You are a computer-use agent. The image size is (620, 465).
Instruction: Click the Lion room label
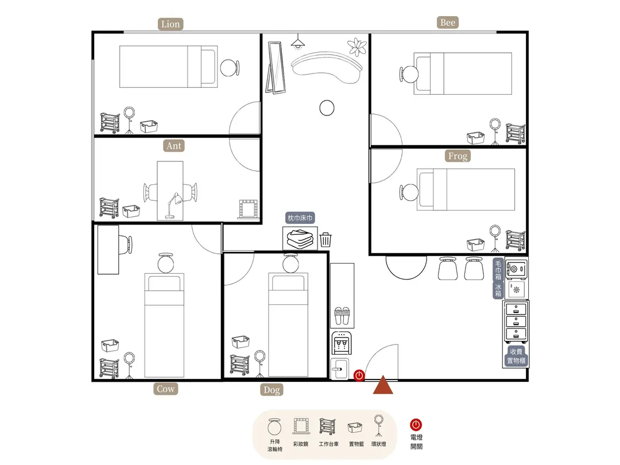tap(170, 24)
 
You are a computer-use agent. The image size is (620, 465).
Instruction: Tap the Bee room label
tap(448, 22)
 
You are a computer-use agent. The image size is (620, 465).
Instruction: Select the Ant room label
tap(174, 146)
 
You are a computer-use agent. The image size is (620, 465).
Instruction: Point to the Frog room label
tap(458, 156)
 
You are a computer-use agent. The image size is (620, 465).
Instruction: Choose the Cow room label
tap(166, 389)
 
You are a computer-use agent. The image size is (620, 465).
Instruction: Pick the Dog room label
tap(272, 390)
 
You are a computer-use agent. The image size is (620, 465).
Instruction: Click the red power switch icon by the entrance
tap(359, 375)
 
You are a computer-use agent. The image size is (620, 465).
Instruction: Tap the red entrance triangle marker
tap(383, 385)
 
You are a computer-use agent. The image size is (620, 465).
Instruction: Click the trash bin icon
tap(325, 239)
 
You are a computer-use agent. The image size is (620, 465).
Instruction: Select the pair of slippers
tap(342, 316)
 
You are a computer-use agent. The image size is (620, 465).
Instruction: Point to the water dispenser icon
tap(342, 343)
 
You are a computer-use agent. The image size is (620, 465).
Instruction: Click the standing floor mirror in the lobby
tap(276, 68)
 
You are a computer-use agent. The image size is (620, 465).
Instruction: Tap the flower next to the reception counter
tap(357, 46)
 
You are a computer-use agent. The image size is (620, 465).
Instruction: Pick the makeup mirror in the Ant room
tap(249, 209)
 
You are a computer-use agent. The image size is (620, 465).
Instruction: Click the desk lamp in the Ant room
tap(172, 205)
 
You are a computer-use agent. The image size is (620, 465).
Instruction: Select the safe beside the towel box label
tap(516, 269)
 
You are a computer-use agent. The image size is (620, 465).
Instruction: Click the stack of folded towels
tap(300, 238)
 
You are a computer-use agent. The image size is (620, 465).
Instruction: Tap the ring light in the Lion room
tap(129, 120)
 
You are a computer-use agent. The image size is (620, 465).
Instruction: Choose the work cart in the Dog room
tap(239, 365)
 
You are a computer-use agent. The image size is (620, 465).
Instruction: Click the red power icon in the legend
tap(416, 425)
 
